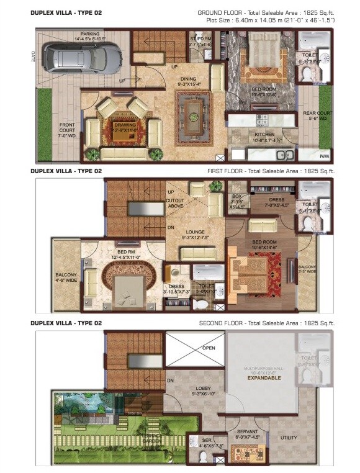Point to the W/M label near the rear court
[326, 155]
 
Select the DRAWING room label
[125, 127]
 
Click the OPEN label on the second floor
[209, 348]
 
